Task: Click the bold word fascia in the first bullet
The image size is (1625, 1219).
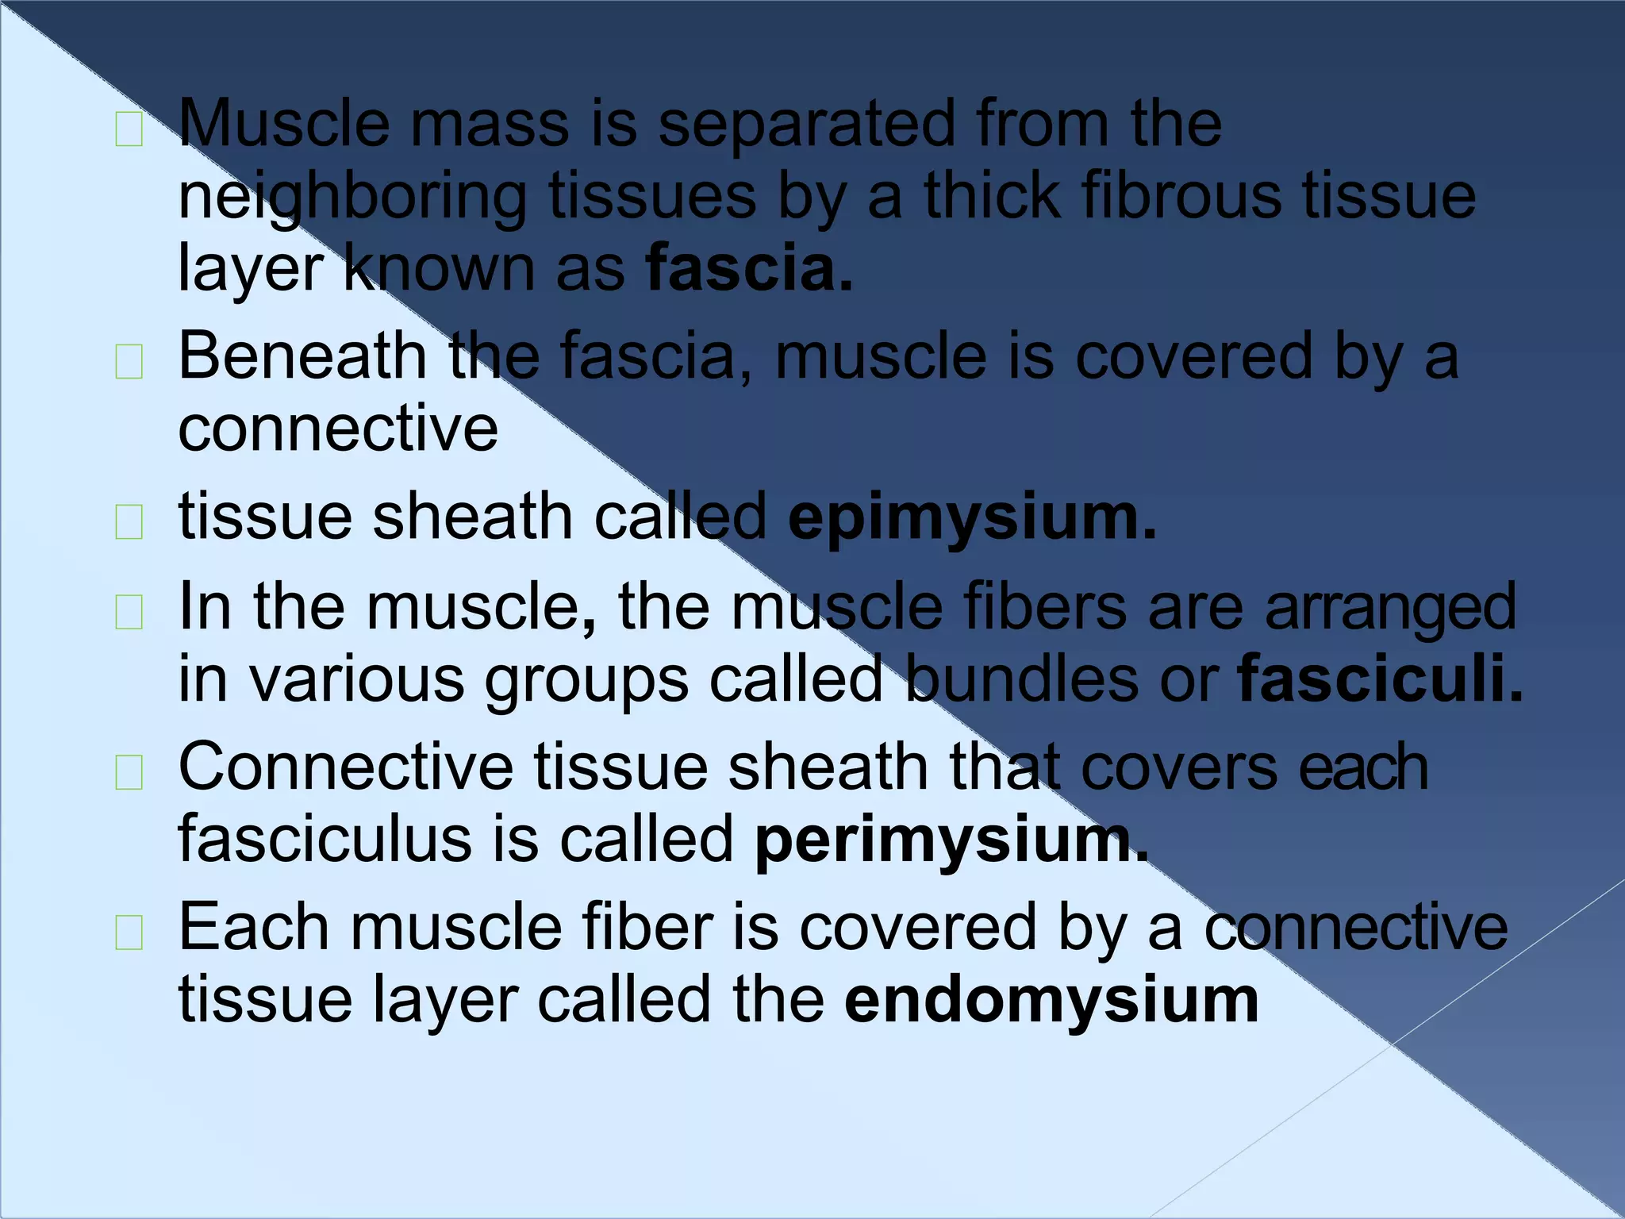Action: [749, 268]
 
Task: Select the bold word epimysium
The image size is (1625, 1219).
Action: [972, 517]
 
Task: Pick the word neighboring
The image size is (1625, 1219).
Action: [352, 197]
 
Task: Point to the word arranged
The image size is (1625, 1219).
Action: [1390, 607]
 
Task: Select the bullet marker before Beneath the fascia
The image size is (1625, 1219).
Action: [129, 363]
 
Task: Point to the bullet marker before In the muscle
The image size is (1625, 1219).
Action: [129, 613]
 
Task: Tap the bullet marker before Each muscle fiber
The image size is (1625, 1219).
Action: [129, 933]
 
